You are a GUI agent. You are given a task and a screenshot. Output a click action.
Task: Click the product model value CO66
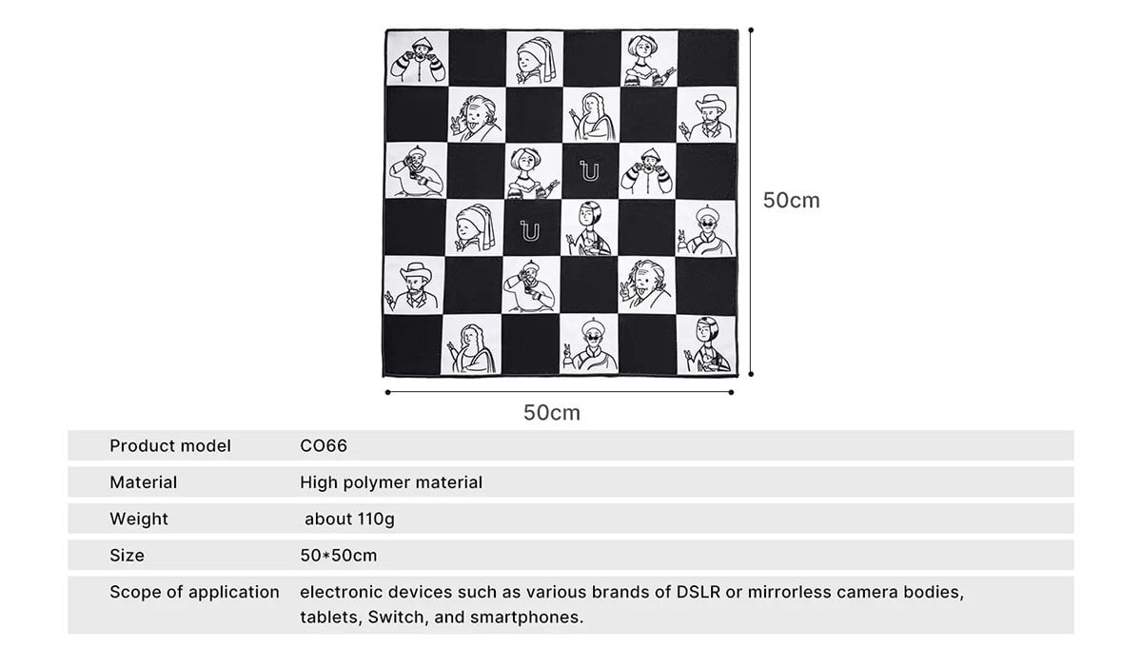(x=324, y=445)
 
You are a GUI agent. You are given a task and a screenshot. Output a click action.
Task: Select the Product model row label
(x=170, y=445)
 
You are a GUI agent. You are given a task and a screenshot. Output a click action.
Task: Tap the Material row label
(x=144, y=482)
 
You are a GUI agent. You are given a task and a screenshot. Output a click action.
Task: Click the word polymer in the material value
(x=376, y=482)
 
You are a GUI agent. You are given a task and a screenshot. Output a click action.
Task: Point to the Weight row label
(x=139, y=520)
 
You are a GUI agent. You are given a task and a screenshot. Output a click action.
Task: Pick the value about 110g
(x=349, y=520)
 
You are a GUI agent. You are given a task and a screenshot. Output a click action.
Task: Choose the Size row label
(x=127, y=556)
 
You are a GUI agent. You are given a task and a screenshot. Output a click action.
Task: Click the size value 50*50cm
(x=339, y=556)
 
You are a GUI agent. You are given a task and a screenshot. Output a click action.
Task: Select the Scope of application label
(x=194, y=592)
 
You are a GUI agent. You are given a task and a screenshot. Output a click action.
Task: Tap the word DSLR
(x=699, y=592)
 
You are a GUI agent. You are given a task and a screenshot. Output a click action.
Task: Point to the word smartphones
(x=526, y=618)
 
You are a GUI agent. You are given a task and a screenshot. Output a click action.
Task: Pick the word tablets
(x=331, y=618)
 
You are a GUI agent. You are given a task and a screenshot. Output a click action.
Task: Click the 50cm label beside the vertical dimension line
(x=791, y=201)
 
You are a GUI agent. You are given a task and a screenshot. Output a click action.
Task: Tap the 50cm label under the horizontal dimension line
(x=552, y=413)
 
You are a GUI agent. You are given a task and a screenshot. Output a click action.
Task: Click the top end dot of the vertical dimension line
(x=751, y=30)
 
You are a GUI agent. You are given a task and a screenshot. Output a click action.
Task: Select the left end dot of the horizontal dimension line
(x=388, y=392)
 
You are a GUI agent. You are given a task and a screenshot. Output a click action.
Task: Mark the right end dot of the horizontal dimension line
(x=731, y=392)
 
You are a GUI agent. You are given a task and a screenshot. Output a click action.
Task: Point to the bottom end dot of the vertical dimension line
(x=751, y=374)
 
